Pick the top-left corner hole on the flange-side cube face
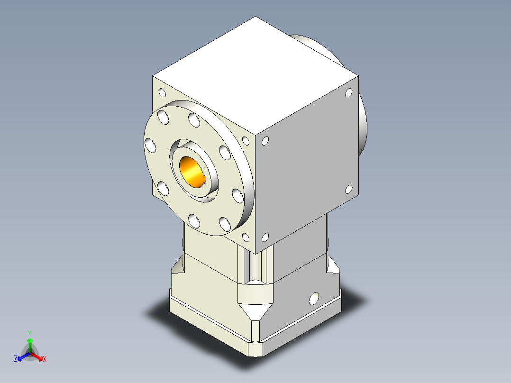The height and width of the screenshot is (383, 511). (x=162, y=92)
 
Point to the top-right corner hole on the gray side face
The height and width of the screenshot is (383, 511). (x=349, y=92)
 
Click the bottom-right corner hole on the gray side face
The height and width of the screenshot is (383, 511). (x=349, y=189)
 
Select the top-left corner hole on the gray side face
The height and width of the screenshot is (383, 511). (x=265, y=141)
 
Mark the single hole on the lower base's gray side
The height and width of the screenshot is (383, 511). (x=314, y=299)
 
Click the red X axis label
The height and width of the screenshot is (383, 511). (x=45, y=359)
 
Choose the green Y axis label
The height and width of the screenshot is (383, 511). (x=29, y=333)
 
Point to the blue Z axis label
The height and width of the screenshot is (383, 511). (x=16, y=359)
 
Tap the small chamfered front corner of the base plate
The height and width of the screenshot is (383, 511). (x=255, y=349)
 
